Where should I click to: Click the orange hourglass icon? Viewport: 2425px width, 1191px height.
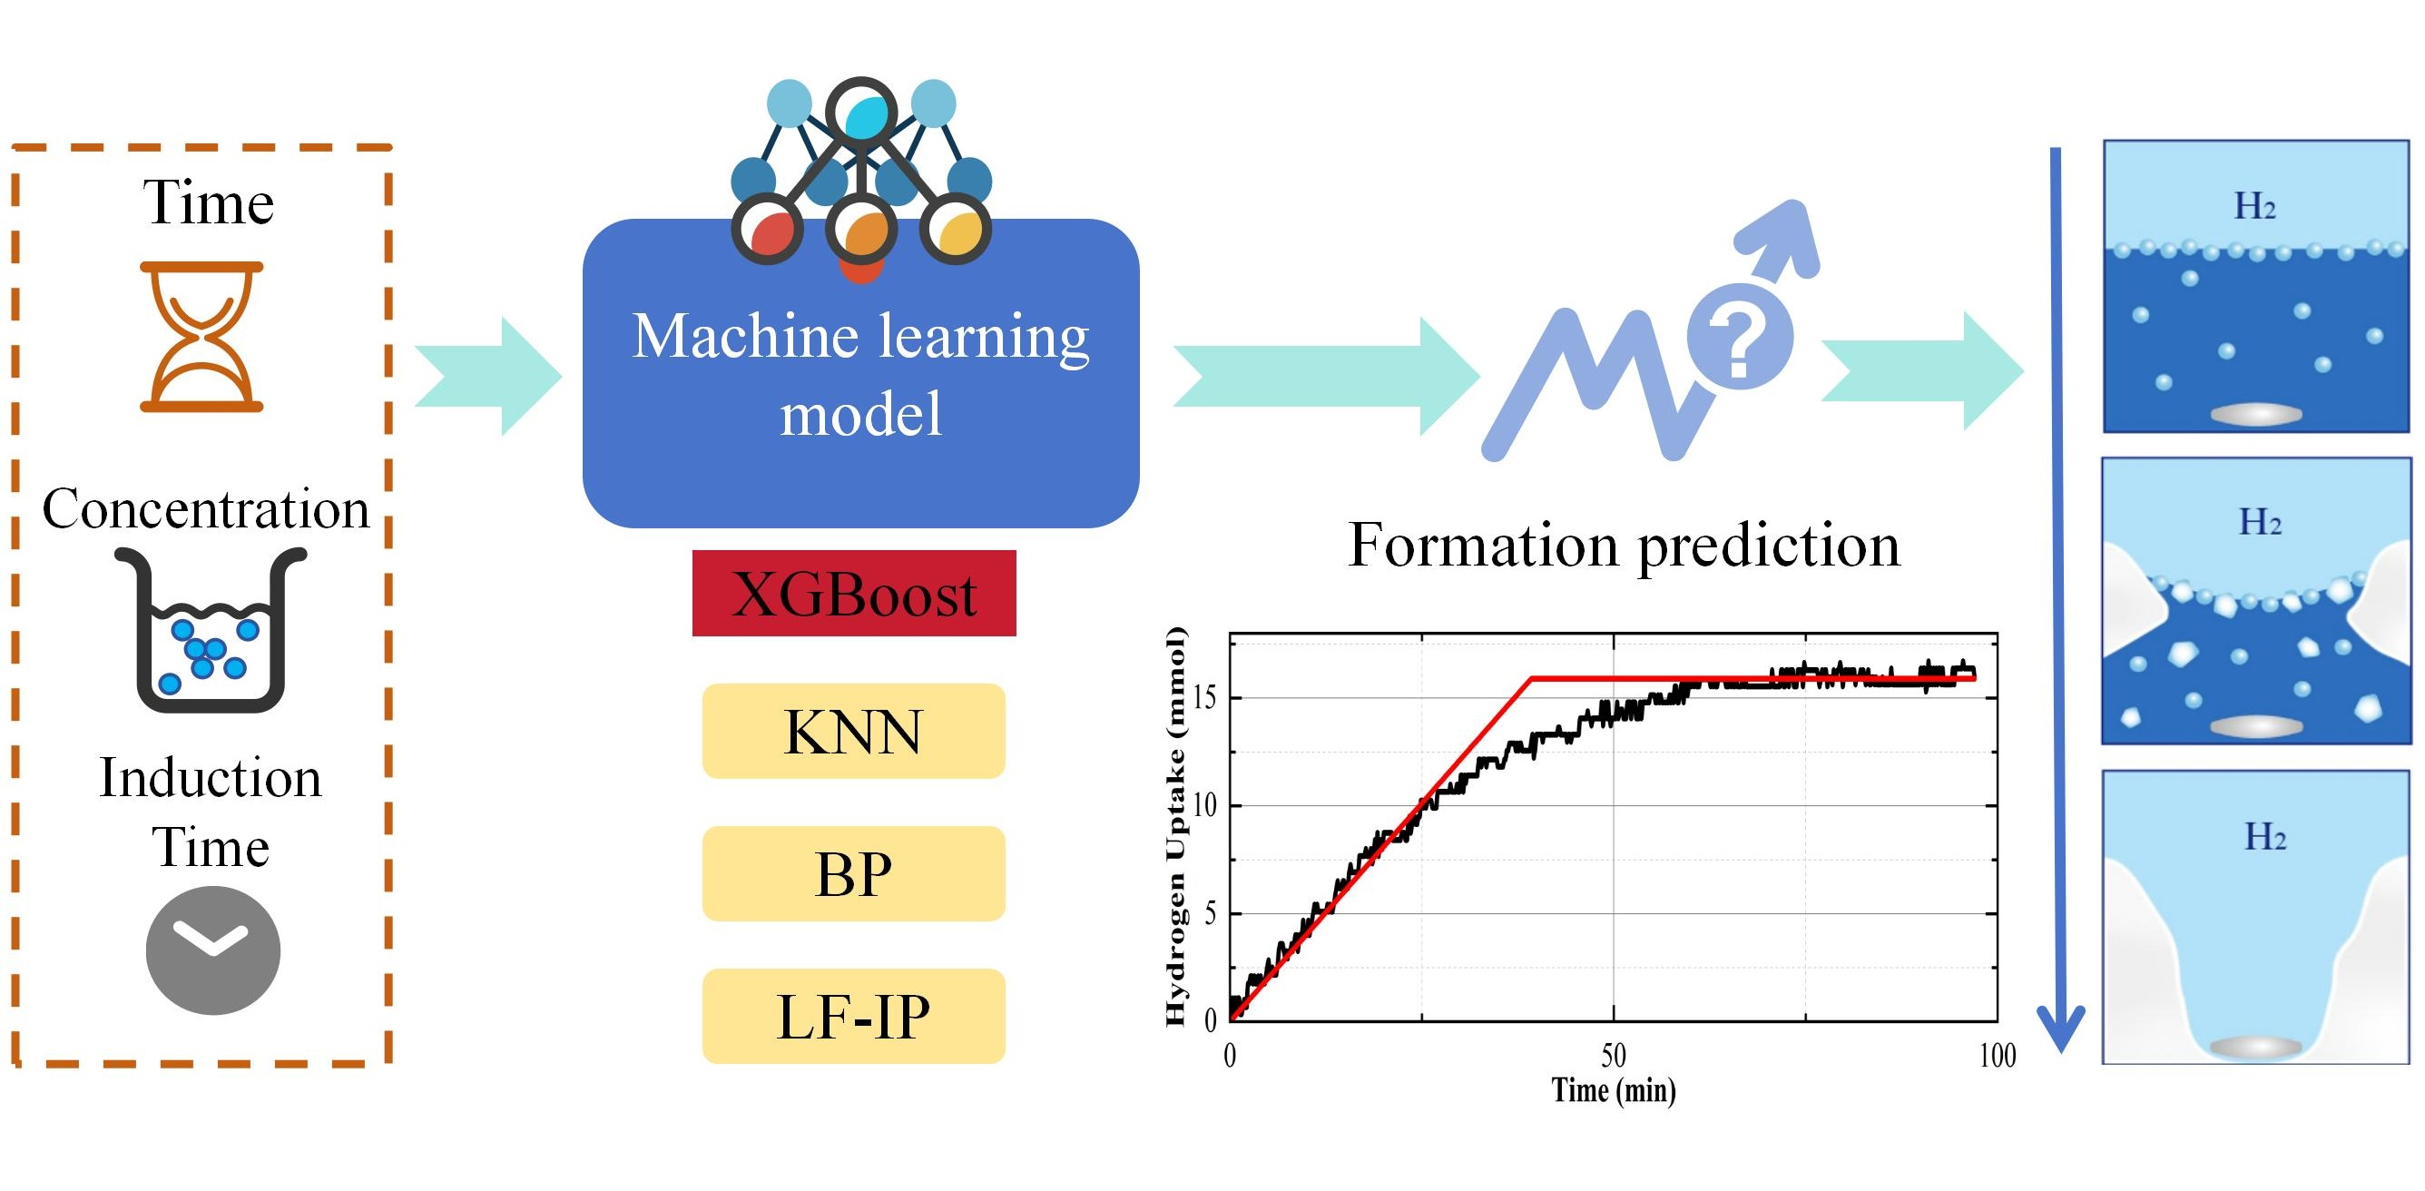(201, 336)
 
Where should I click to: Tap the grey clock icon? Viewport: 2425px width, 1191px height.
(212, 950)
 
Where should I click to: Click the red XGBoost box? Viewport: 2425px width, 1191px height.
(854, 593)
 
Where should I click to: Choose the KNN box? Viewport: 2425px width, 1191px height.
(853, 732)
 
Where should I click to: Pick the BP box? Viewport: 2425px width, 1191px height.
(853, 873)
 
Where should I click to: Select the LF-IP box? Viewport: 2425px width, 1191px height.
(853, 1016)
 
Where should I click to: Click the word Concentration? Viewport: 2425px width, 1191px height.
(206, 508)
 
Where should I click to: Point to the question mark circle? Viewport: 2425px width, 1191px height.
(1740, 336)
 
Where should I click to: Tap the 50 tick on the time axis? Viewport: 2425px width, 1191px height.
(1614, 1056)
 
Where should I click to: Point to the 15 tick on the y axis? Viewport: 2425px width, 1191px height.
(1204, 698)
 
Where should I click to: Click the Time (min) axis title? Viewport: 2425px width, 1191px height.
(1614, 1090)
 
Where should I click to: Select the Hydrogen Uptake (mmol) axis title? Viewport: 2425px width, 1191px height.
(1176, 826)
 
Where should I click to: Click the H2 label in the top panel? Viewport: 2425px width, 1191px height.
(2254, 206)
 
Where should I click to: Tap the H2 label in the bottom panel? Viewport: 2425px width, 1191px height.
(2265, 836)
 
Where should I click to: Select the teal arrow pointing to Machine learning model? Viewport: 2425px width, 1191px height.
(488, 377)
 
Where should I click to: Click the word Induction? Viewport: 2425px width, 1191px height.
(211, 778)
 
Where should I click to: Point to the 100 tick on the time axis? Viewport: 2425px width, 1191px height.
(1997, 1056)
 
